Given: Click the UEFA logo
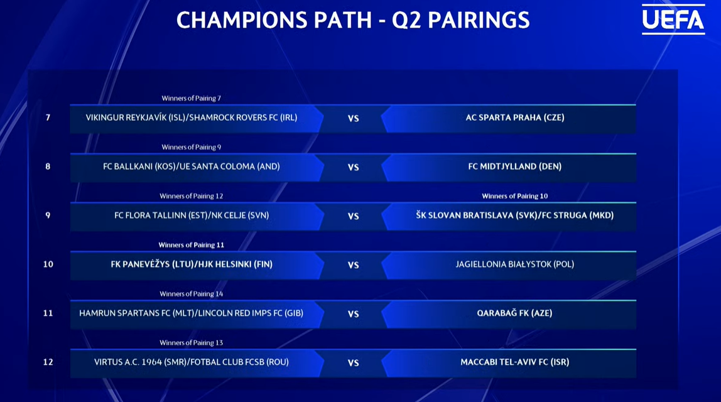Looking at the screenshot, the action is point(673,19).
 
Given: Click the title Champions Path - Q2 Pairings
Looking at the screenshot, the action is point(353,20).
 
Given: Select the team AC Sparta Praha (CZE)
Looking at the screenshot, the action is point(514,117).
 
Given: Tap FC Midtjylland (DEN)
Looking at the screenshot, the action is point(514,166).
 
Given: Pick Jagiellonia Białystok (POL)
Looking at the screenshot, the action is point(514,264).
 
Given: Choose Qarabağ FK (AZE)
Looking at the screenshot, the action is point(514,313).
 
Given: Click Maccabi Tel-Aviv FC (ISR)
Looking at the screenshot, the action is point(514,362).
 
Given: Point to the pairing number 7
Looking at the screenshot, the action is point(48,117).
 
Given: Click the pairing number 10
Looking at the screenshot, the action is point(48,264).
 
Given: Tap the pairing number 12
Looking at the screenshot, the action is point(48,362).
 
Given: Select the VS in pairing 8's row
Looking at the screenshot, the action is point(353,168).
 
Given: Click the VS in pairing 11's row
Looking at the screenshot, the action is point(353,314).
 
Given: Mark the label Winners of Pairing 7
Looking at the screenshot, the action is point(192,99).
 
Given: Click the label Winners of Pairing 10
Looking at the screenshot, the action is point(514,196).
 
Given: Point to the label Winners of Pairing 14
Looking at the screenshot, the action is point(192,294).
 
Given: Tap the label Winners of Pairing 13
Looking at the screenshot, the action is point(192,343).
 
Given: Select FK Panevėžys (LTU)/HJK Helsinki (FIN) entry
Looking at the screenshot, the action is point(192,264).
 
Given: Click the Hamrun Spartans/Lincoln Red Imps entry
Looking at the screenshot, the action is point(192,313).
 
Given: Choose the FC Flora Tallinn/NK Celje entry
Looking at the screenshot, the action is point(192,215).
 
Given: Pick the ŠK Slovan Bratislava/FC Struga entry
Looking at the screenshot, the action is point(514,215).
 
